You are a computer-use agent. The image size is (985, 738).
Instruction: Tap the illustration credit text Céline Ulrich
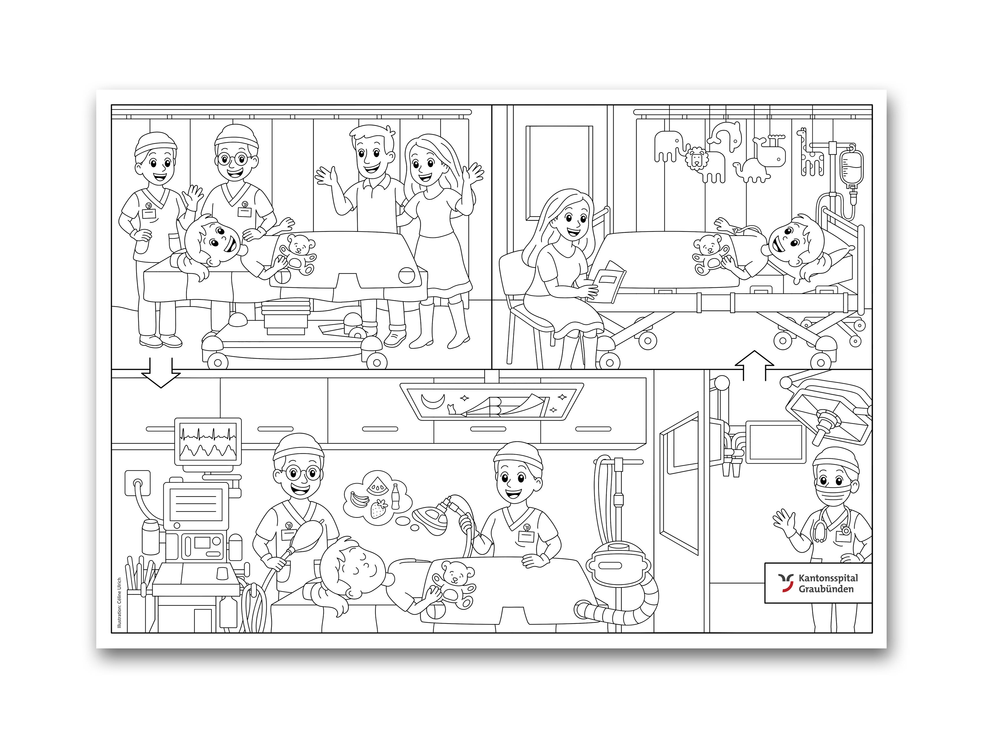tap(119, 603)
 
